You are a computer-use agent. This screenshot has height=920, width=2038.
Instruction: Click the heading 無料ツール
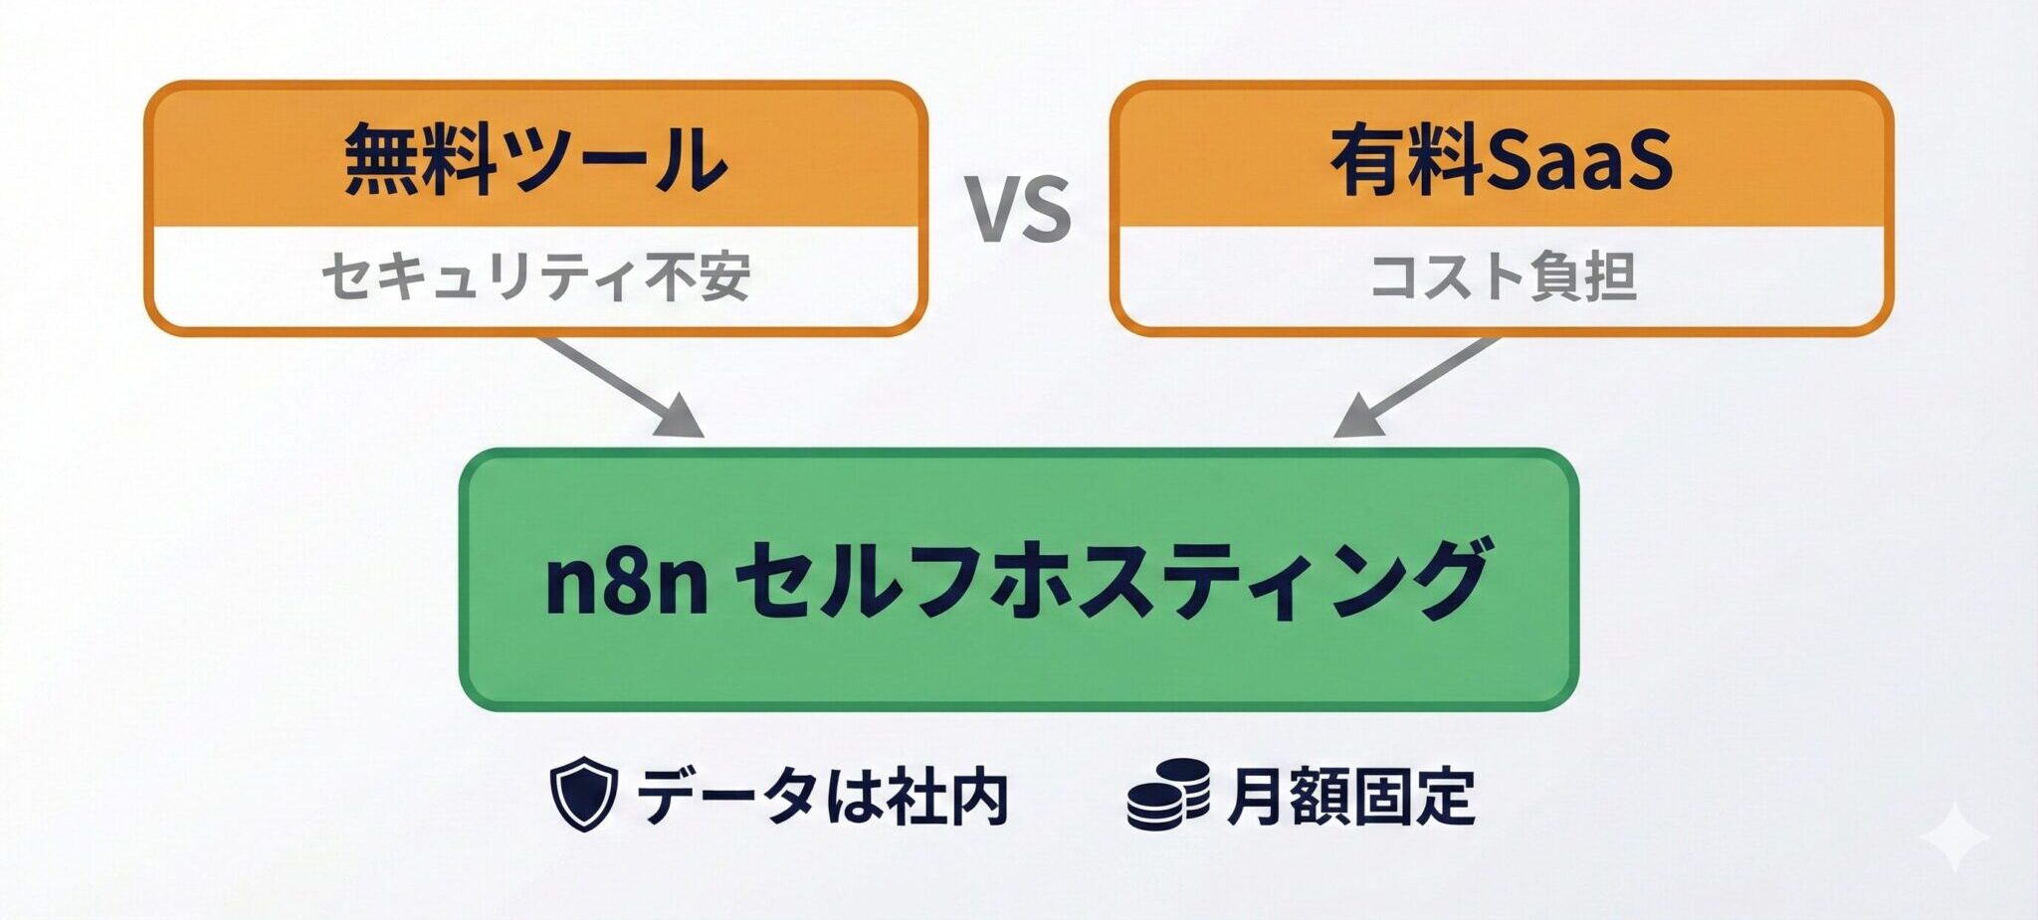tap(535, 159)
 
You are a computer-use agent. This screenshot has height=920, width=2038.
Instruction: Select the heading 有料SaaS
tap(1501, 159)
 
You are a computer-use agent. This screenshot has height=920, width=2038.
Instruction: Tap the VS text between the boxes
tap(1019, 209)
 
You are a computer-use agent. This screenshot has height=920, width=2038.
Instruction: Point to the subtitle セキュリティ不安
tap(535, 276)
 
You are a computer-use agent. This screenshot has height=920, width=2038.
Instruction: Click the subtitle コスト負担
tap(1503, 276)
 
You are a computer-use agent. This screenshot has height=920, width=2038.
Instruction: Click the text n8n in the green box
tap(627, 582)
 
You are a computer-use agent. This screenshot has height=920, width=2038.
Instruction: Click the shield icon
tap(583, 794)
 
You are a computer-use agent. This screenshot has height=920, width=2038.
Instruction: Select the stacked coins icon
tap(1168, 794)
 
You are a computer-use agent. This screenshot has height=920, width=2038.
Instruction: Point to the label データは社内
tap(822, 796)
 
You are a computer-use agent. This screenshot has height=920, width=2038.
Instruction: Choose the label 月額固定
tap(1350, 796)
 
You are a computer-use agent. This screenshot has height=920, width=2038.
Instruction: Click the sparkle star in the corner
tap(1953, 835)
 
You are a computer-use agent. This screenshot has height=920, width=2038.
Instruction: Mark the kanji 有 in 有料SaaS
tap(1369, 159)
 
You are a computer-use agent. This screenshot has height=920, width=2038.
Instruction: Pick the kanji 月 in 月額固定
tap(1256, 796)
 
